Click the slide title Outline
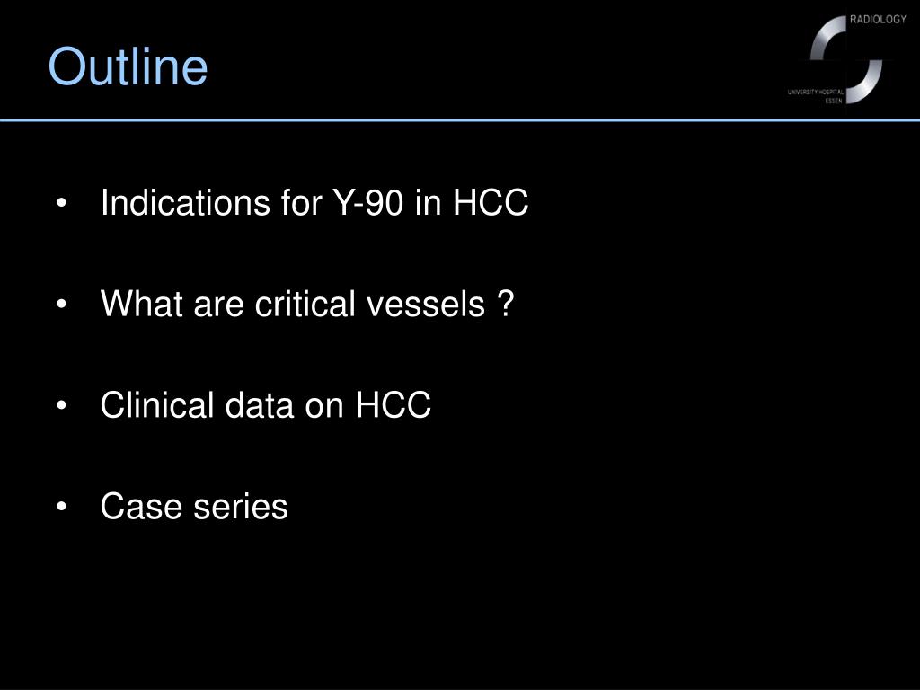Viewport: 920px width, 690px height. (x=128, y=67)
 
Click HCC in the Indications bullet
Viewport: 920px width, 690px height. (x=490, y=204)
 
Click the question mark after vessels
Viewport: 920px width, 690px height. (x=506, y=305)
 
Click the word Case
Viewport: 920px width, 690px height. (x=142, y=507)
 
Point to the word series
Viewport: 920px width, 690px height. (x=241, y=507)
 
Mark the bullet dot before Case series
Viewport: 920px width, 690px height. (x=61, y=508)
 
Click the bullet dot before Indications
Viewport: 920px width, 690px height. (x=61, y=205)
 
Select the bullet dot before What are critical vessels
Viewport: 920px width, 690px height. (x=61, y=306)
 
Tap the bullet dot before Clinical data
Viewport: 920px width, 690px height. (x=61, y=407)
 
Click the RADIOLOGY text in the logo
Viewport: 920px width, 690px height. (x=878, y=20)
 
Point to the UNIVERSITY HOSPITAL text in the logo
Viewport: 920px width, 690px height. (x=821, y=92)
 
